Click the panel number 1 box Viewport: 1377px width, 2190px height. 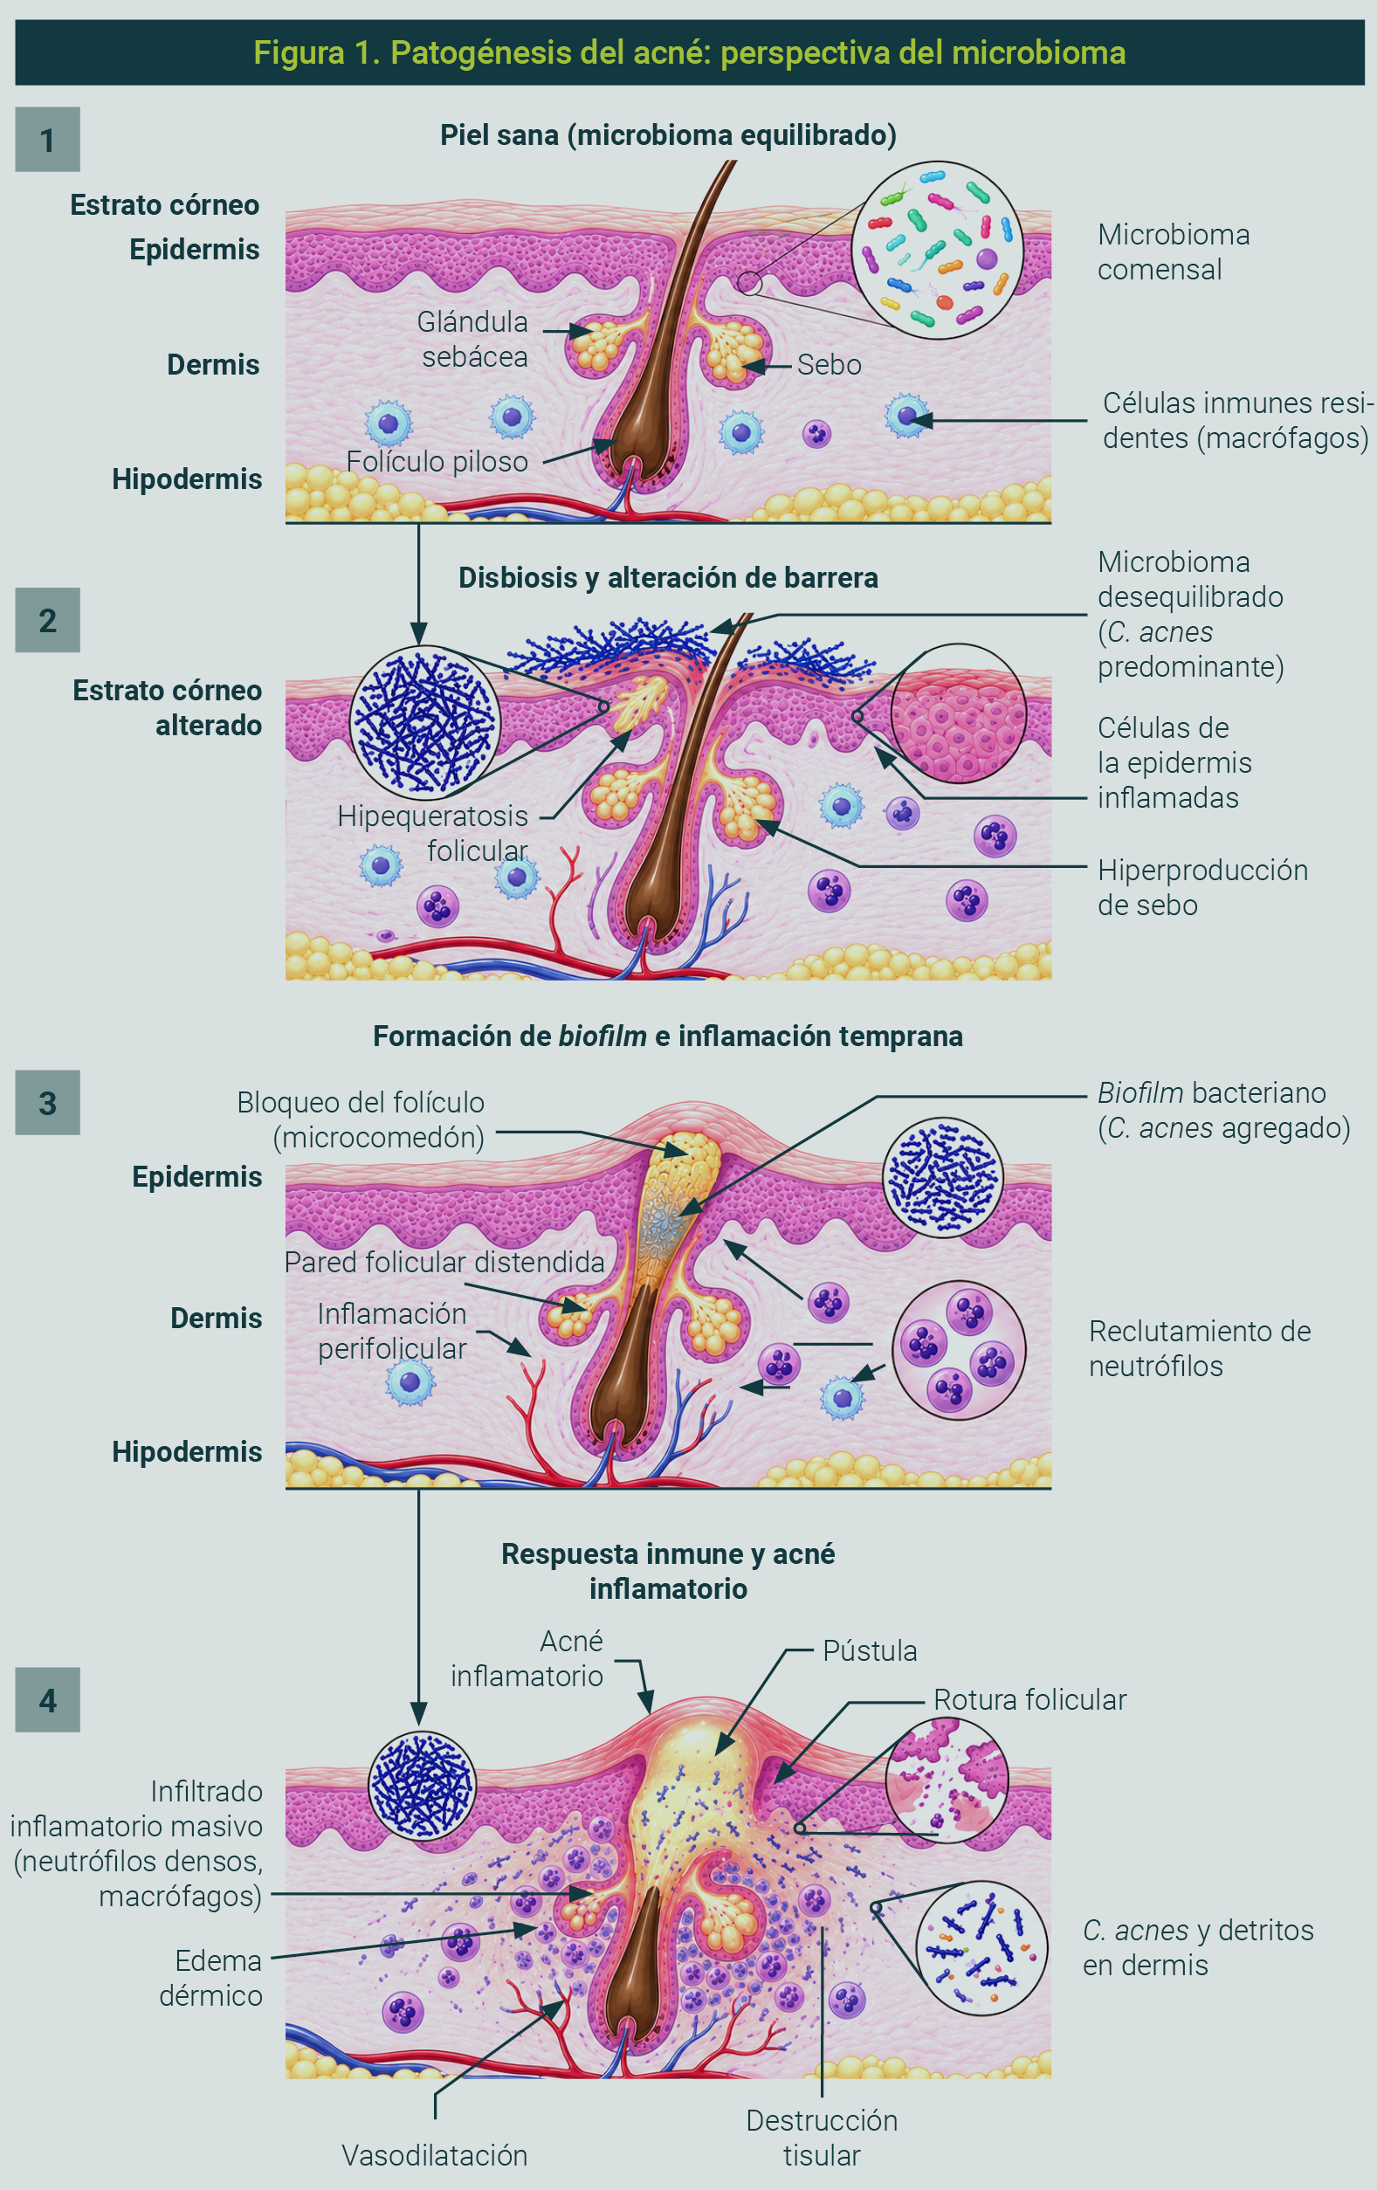[x=47, y=139]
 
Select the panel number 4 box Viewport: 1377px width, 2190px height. [x=47, y=1700]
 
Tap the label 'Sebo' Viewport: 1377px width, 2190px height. [x=829, y=365]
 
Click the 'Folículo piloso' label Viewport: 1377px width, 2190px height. [x=437, y=461]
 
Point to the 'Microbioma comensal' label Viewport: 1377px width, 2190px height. [x=1174, y=252]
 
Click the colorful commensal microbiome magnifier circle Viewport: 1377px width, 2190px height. [x=937, y=250]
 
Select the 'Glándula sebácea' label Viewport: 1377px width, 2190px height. [x=473, y=338]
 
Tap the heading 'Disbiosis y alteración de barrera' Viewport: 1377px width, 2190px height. [x=669, y=577]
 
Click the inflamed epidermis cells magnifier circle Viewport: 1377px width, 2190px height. [x=959, y=714]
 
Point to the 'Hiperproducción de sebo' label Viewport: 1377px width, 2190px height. [x=1202, y=886]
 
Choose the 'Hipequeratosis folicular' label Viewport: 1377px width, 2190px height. [x=433, y=833]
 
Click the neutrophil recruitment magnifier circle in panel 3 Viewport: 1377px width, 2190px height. [x=959, y=1351]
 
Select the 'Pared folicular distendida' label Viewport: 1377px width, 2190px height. [x=444, y=1262]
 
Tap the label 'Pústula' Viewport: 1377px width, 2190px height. [x=870, y=1650]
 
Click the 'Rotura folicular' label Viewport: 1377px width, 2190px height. [x=1029, y=1700]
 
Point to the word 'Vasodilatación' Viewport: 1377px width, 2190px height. [x=435, y=2155]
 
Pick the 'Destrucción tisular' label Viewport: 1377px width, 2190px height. [x=822, y=2138]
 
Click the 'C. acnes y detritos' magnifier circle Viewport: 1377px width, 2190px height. [x=981, y=1948]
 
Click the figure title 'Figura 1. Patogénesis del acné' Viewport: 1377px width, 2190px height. [x=690, y=52]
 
